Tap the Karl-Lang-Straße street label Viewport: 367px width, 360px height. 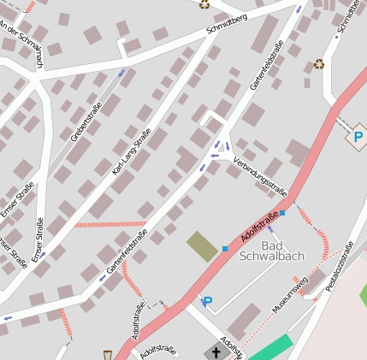pos(132,152)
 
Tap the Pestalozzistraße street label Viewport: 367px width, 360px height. pos(340,267)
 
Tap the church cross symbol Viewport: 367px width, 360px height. pos(216,351)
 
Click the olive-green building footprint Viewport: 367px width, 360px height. pos(202,246)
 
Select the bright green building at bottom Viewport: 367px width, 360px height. pos(270,349)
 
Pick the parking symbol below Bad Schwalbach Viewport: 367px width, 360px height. pos(206,301)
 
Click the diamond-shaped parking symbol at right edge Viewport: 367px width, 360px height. pos(358,136)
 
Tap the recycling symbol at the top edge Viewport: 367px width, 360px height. pos(204,4)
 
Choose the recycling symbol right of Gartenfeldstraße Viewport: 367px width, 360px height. pos(319,63)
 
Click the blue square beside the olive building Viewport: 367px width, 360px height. pos(225,249)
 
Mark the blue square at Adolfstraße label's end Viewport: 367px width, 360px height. pos(282,213)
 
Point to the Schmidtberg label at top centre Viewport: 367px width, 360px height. pos(227,24)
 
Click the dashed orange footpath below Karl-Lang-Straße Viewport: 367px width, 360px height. pos(98,224)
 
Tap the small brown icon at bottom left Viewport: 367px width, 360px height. pos(107,354)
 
